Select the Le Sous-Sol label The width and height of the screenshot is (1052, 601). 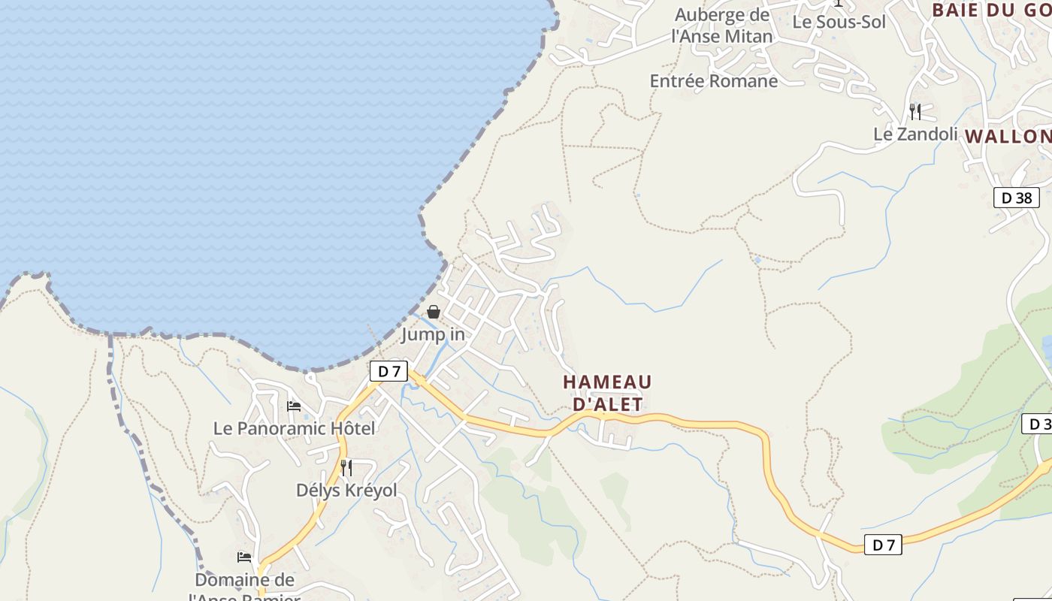pos(839,22)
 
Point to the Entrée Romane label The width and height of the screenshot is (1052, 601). pos(713,81)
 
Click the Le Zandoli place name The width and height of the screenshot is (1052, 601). pos(915,134)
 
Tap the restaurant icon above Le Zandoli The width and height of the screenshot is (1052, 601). pos(914,112)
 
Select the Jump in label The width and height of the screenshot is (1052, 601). pos(433,334)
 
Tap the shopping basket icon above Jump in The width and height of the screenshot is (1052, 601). pos(434,312)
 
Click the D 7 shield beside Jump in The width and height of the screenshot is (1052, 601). pos(388,371)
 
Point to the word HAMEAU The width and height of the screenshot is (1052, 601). pos(607,382)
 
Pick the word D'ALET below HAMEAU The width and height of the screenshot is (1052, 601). pos(608,405)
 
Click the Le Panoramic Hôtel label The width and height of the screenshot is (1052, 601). pos(294,428)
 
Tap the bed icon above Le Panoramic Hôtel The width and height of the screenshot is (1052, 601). pos(294,406)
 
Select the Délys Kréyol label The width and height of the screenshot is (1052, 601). pos(346,491)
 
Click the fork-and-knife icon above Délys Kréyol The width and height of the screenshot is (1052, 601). pos(346,468)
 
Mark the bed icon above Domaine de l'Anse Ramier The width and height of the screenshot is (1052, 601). pos(244,557)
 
